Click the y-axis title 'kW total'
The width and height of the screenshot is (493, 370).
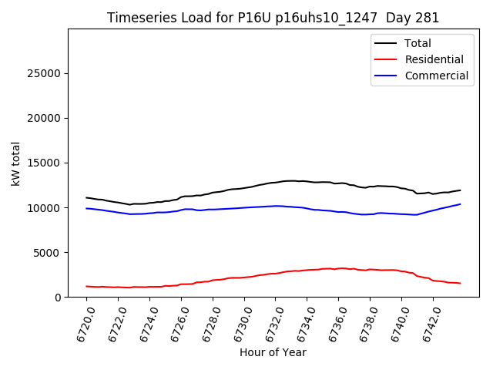[16, 163]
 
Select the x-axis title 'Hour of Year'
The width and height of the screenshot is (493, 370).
[273, 352]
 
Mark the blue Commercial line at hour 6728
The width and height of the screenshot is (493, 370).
[213, 209]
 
